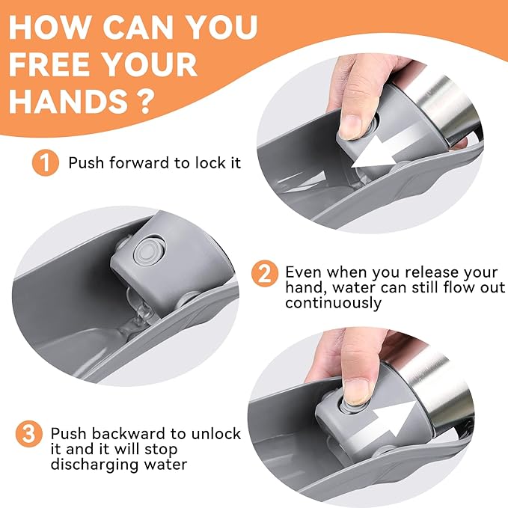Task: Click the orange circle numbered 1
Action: coord(46,162)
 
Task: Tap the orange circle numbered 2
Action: coord(265,274)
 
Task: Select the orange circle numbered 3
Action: coord(29,434)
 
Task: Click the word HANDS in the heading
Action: coord(69,102)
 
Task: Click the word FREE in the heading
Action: coord(49,64)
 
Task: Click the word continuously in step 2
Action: coord(334,304)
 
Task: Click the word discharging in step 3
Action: coord(95,465)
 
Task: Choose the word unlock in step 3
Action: coord(216,433)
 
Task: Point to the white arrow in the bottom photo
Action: coord(394,419)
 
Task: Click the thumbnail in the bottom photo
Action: coord(355,392)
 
